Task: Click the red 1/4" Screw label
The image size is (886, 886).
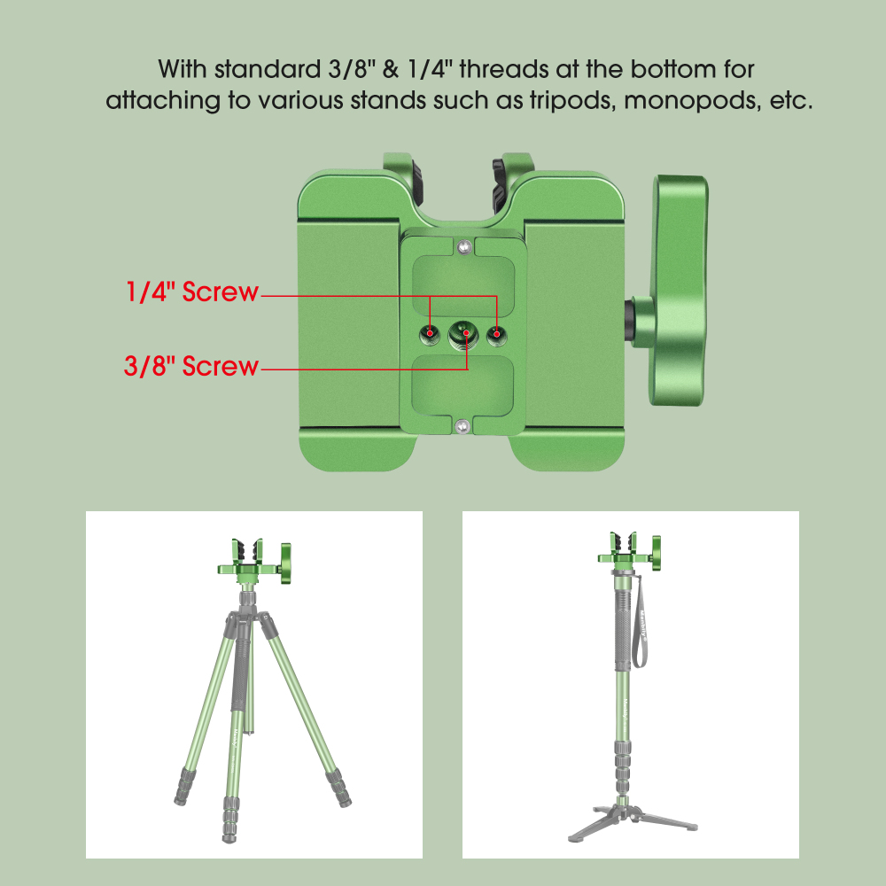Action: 190,292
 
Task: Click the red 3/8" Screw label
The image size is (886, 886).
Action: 190,366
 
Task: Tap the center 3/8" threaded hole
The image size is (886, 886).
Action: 463,334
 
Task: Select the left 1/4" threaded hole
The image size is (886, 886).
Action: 430,334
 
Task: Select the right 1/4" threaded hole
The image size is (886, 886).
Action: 497,334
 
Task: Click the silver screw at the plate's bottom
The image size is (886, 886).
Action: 463,427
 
